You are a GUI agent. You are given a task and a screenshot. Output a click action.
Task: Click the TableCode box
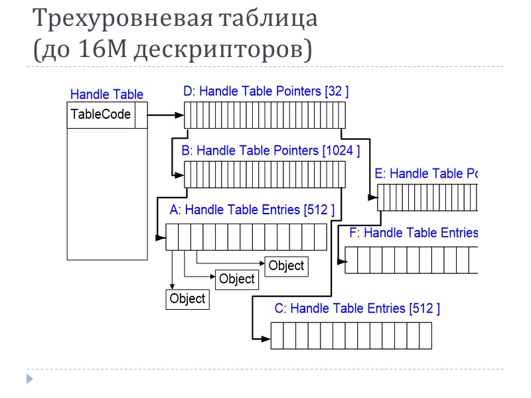(x=100, y=115)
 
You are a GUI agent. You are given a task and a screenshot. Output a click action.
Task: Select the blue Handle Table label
(x=106, y=94)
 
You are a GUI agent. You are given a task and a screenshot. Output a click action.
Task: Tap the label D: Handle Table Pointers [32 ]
(x=265, y=92)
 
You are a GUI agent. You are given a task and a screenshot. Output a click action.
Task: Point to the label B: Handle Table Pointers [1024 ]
(x=270, y=151)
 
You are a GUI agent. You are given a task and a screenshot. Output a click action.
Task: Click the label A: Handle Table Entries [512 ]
(x=252, y=210)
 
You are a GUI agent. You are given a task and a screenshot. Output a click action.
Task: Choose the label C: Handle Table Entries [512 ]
(x=356, y=308)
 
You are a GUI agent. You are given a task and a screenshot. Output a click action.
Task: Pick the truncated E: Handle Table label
(x=426, y=174)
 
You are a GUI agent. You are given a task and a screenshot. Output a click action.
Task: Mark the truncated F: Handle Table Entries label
(x=414, y=233)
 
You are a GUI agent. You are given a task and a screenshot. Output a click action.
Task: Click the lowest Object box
(x=187, y=298)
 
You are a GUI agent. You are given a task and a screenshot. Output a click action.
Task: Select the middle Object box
(x=237, y=279)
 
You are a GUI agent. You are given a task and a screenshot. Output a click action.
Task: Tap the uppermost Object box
(x=286, y=265)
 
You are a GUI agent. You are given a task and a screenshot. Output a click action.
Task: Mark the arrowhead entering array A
(x=161, y=237)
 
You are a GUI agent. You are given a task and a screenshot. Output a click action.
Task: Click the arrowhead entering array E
(x=373, y=197)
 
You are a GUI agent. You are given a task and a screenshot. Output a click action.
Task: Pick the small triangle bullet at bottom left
(x=29, y=379)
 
